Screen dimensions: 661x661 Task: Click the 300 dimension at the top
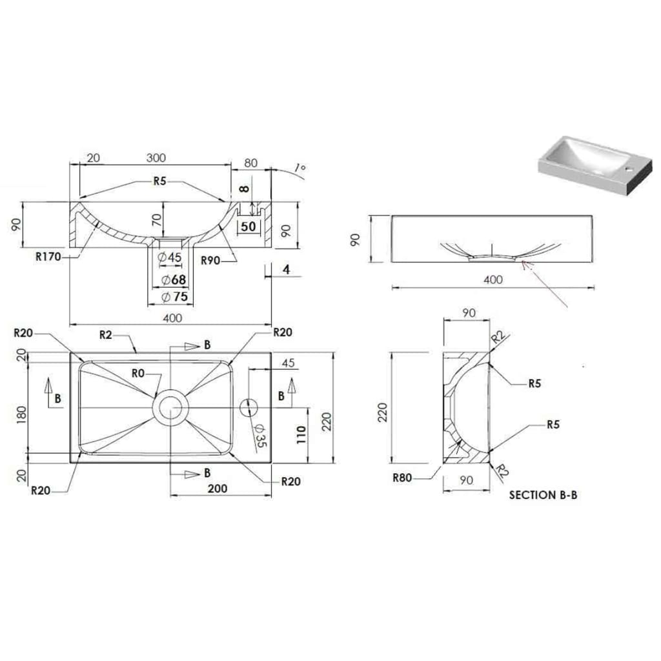[x=156, y=158]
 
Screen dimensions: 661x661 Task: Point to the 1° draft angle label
[x=299, y=168]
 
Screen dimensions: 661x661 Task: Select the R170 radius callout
[x=48, y=257]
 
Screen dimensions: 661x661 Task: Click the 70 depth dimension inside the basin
[x=156, y=219]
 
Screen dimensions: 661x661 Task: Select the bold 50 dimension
[x=249, y=226]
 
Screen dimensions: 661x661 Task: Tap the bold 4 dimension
[x=285, y=270]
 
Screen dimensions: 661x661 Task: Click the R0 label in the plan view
[x=137, y=372]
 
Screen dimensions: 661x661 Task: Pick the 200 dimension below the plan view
[x=217, y=489]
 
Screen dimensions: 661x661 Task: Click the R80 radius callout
[x=402, y=478]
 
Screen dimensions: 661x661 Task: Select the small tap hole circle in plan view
[x=248, y=407]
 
